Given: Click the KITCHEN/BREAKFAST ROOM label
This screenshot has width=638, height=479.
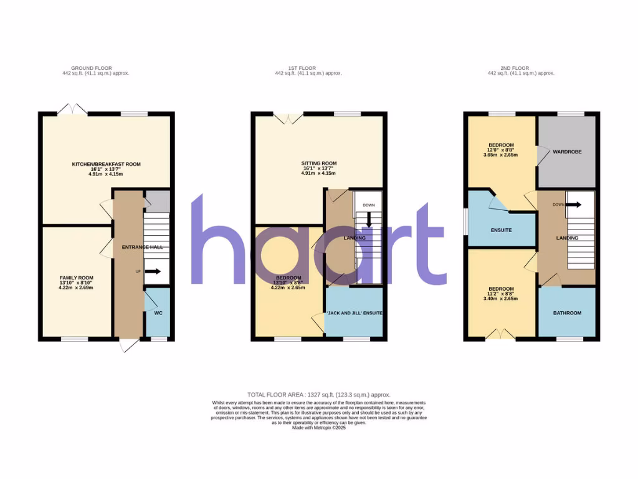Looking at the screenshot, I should [x=106, y=164].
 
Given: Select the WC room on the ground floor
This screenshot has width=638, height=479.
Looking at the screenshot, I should [x=158, y=312].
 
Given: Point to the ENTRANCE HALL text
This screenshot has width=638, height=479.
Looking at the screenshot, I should [x=142, y=247].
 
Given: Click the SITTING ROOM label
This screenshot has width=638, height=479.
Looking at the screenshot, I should [x=318, y=163].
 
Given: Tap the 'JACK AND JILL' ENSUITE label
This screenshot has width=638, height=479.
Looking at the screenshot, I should [x=355, y=312].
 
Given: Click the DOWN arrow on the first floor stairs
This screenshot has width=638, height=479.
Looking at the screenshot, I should [x=369, y=219].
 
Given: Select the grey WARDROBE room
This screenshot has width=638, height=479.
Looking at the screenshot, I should [x=567, y=152].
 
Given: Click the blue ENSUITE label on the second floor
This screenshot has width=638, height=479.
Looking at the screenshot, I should [x=501, y=230].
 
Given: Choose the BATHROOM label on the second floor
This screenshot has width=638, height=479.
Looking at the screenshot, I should [x=568, y=312].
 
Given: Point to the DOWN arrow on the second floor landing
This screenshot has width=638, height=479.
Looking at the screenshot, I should [x=574, y=205].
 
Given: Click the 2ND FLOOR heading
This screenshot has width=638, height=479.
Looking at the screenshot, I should [x=520, y=68].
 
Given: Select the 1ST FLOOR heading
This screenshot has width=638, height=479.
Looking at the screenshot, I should [x=308, y=68].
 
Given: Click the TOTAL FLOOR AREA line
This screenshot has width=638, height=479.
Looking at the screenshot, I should [x=318, y=395].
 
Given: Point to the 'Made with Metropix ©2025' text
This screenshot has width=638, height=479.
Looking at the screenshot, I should [x=318, y=428].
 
